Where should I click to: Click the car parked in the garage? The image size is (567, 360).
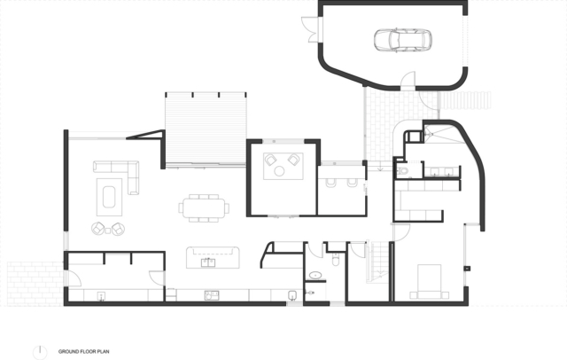click(x=402, y=40)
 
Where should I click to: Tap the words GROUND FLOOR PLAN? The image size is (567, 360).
click(x=84, y=350)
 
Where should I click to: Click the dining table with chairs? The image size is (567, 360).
click(x=203, y=207)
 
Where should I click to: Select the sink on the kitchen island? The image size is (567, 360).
click(x=212, y=262)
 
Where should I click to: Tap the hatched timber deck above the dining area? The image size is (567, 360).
click(x=205, y=129)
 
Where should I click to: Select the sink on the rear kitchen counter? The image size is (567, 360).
click(x=212, y=295)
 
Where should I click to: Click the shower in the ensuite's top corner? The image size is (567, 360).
click(x=438, y=134)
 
